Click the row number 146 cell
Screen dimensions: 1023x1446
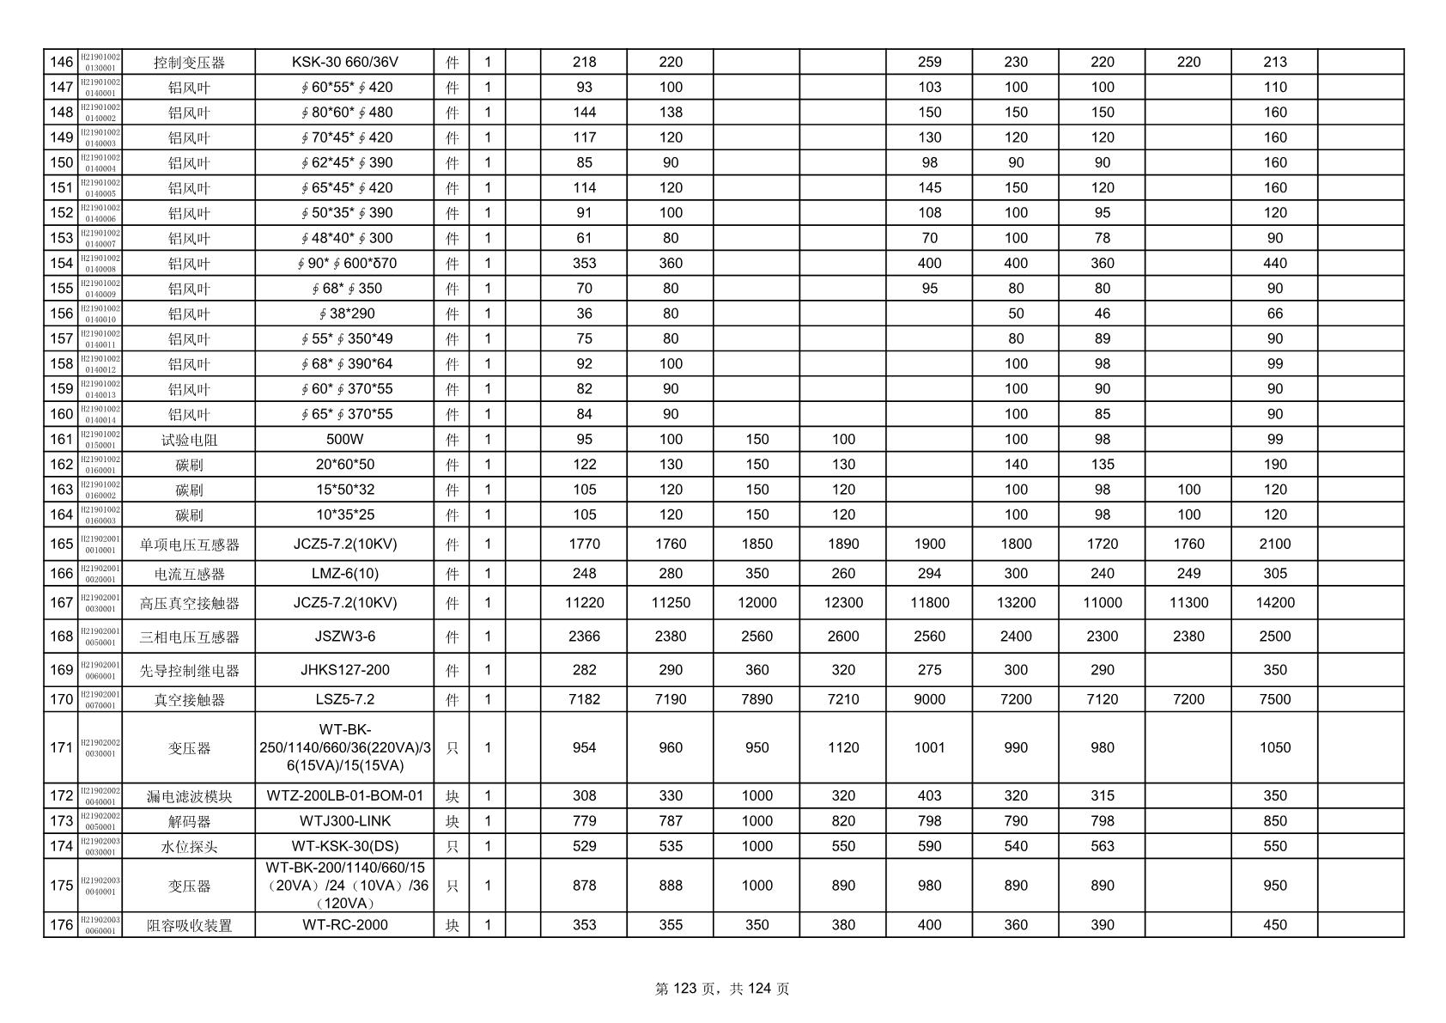tap(61, 62)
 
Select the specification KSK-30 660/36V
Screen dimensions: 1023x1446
tap(344, 62)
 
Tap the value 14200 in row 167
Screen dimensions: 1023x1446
tap(1274, 603)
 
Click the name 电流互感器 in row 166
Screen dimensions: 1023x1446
tap(189, 574)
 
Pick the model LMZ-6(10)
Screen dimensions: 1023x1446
tap(344, 574)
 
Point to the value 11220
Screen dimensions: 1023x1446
tap(584, 603)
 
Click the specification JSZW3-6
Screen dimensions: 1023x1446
tap(344, 636)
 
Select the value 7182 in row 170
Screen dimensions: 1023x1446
tap(584, 699)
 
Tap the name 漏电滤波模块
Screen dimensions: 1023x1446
tap(189, 796)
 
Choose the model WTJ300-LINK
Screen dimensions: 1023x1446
tap(344, 821)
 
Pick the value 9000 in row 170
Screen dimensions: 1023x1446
tap(929, 699)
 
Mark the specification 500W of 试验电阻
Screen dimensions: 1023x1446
tap(344, 439)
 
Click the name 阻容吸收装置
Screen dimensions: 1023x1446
tap(189, 926)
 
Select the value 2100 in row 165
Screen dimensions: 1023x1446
tap(1274, 544)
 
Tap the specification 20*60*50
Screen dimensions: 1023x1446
tap(344, 465)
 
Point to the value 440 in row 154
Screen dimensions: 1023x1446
tap(1274, 263)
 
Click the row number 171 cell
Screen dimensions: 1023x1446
tap(61, 747)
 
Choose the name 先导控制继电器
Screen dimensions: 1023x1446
tap(189, 671)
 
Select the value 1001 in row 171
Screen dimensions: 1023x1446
tap(929, 747)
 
